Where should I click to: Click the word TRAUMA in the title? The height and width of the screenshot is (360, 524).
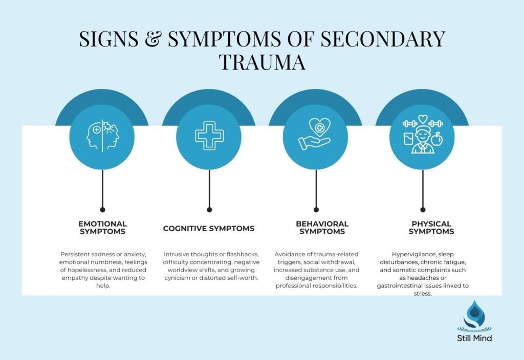[262, 62]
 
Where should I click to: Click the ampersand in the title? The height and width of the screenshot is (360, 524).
[156, 39]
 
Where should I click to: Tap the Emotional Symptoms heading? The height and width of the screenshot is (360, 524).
[102, 228]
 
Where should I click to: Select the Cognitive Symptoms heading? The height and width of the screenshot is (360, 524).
[209, 229]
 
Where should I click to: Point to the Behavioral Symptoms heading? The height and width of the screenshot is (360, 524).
[322, 228]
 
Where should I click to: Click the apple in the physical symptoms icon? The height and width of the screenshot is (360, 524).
[436, 139]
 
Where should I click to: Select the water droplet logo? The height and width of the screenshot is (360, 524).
[474, 317]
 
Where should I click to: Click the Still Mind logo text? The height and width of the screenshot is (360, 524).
[474, 338]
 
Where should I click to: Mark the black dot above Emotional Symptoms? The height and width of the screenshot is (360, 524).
[102, 209]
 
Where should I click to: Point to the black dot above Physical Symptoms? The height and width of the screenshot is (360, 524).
[423, 209]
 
